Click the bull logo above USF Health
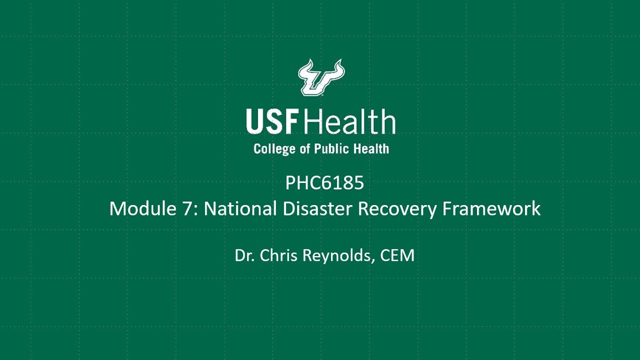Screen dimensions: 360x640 pos(321,77)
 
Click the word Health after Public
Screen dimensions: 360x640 pos(370,148)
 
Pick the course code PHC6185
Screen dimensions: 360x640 pos(324,183)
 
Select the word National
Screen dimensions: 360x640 pos(240,208)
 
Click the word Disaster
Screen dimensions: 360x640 pos(317,208)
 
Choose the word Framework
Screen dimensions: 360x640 pos(491,208)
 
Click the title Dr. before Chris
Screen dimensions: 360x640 pos(245,255)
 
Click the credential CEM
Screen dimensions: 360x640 pos(397,255)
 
